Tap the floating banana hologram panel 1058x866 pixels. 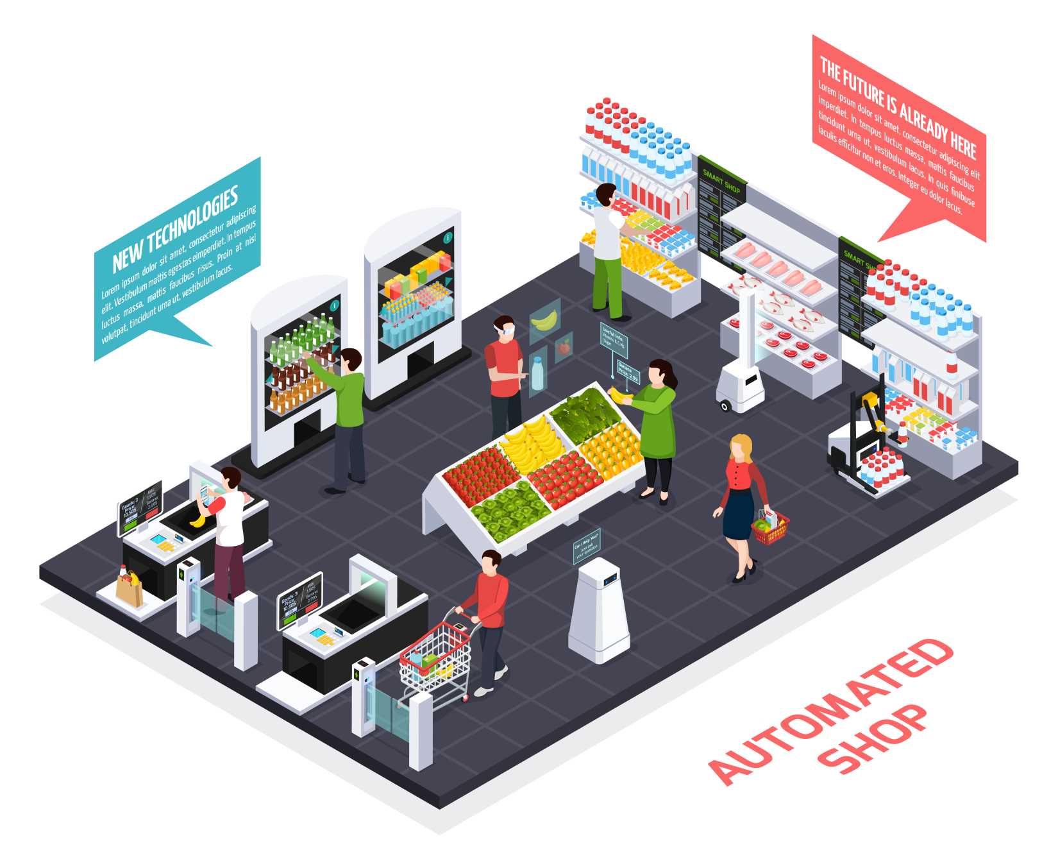[544, 319]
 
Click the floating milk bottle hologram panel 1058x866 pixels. [537, 371]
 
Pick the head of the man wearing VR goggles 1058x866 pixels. [504, 327]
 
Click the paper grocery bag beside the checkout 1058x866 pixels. [130, 589]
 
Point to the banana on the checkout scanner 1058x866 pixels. [197, 521]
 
